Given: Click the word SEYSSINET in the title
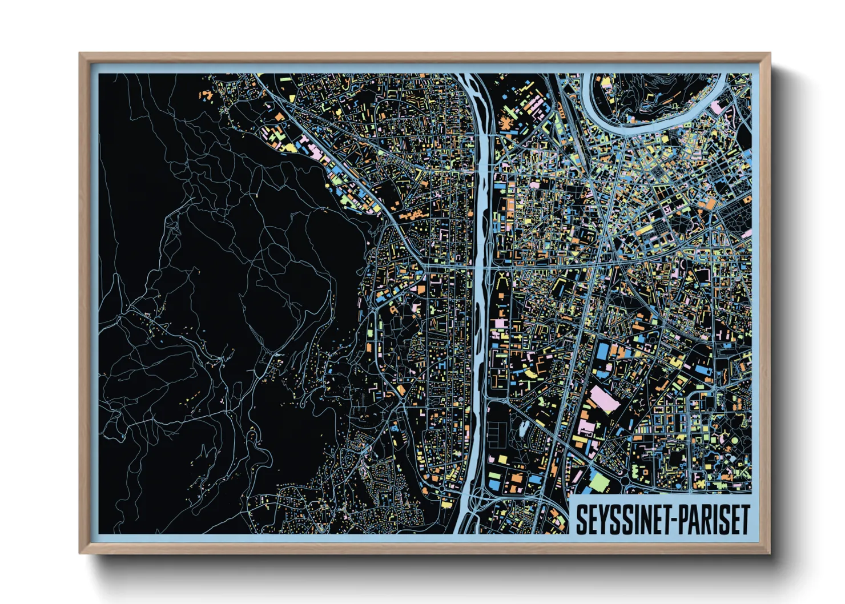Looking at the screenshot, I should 621,520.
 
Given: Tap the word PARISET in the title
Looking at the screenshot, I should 714,520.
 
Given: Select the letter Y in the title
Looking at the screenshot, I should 592,520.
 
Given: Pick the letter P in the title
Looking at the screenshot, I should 683,520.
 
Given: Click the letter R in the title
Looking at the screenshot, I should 708,520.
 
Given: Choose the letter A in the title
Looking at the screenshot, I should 695,520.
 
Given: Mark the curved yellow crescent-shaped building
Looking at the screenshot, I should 530,373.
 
